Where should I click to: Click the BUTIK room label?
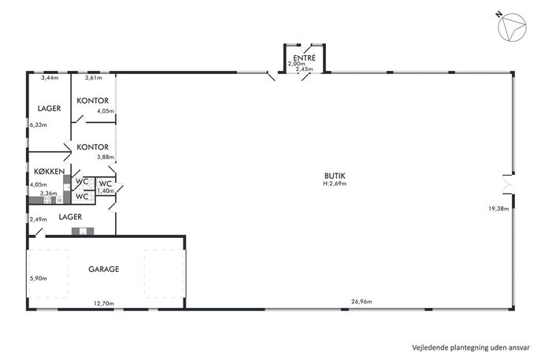[335, 176]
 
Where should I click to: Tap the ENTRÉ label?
[304, 58]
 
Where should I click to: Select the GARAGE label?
[104, 269]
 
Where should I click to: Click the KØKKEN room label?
[50, 171]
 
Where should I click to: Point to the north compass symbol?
[512, 28]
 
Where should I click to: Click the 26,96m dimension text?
[361, 302]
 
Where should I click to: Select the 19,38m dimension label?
[498, 209]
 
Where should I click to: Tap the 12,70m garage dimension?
[104, 303]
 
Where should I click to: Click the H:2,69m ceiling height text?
[335, 184]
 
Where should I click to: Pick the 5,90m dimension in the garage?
[39, 278]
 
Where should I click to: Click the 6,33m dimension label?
[39, 124]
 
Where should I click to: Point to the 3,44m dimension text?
[50, 78]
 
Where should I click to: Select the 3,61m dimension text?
[94, 78]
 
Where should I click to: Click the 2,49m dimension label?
[39, 219]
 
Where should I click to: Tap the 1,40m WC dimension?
[106, 191]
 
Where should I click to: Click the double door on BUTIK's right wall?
[508, 184]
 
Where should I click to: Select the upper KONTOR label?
[92, 101]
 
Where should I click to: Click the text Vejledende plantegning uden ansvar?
[471, 347]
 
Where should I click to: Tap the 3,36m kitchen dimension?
[48, 193]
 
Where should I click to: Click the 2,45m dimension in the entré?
[304, 69]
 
